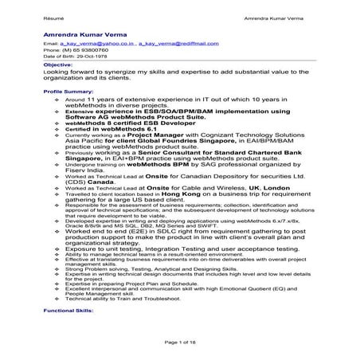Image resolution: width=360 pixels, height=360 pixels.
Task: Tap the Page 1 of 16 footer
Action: pos(180,342)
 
